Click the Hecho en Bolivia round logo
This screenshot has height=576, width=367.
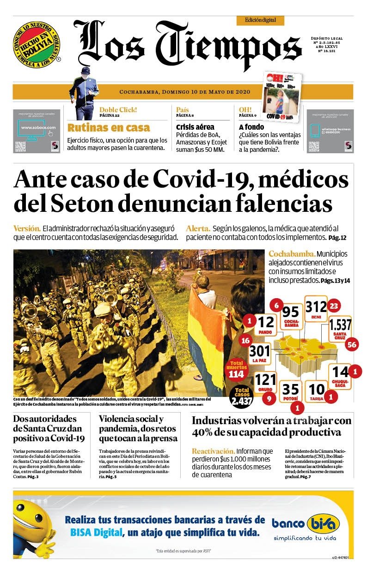(37, 44)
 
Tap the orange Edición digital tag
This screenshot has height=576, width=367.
(260, 20)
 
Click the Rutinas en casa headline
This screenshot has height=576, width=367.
(109, 128)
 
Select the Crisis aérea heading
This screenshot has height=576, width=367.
(195, 127)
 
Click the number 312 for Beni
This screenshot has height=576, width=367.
(316, 306)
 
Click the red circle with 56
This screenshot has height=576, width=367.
(352, 344)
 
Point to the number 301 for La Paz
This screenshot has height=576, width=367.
(259, 351)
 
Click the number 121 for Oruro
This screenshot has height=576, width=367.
(265, 380)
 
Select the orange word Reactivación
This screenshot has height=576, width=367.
(213, 451)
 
